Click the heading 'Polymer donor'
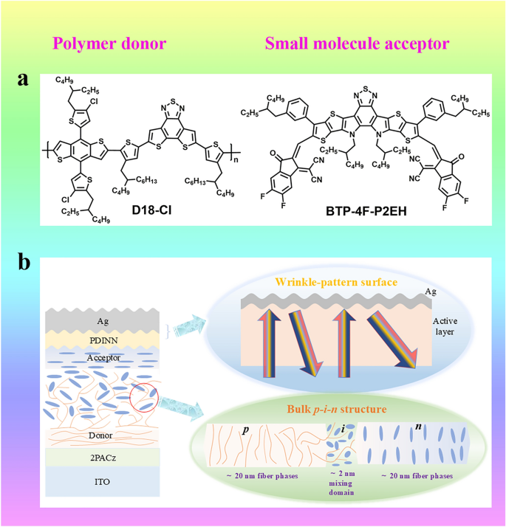coord(108,44)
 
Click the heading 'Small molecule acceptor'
coord(357,44)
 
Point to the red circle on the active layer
coord(144,400)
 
